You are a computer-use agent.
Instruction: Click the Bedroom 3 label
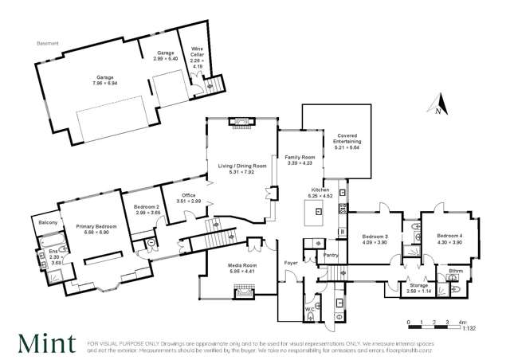click(375, 239)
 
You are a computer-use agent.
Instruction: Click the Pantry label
click(330, 255)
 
